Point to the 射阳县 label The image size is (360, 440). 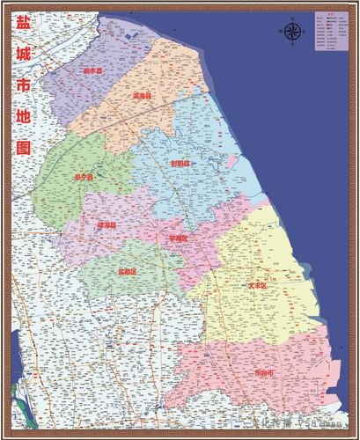(180, 163)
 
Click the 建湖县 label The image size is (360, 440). (107, 225)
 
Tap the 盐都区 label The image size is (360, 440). (128, 272)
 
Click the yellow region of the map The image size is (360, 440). (282, 264)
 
